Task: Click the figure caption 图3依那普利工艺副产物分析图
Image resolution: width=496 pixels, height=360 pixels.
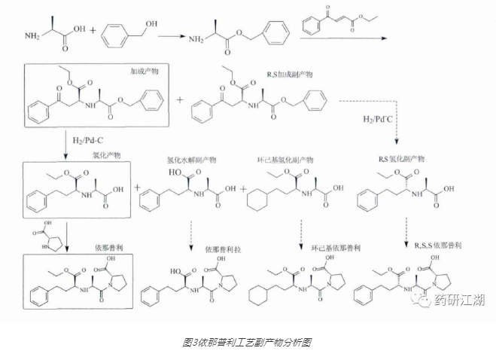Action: pos(247,341)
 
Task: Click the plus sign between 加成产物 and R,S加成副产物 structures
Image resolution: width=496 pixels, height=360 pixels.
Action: pos(181,99)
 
